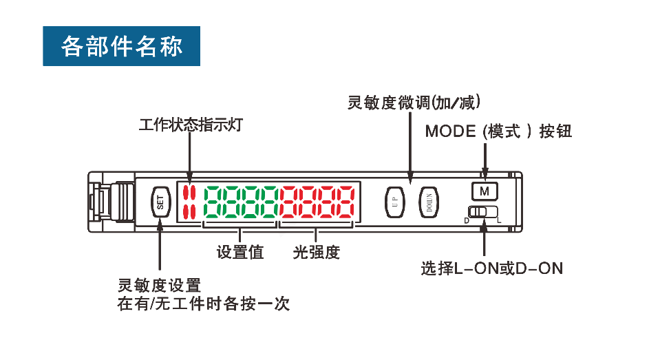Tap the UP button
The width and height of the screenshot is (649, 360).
(394, 201)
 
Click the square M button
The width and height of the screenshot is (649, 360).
(484, 190)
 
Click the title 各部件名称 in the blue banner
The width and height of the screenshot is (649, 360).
(122, 46)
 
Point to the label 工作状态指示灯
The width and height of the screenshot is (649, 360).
(191, 125)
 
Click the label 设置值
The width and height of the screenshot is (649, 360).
(240, 252)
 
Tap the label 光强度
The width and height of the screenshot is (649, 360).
(317, 252)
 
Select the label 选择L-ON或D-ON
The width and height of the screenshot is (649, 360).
(491, 268)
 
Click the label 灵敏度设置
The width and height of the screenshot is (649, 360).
(159, 285)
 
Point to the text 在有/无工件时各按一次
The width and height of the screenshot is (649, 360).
(203, 304)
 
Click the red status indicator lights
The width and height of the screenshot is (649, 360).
(189, 201)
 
